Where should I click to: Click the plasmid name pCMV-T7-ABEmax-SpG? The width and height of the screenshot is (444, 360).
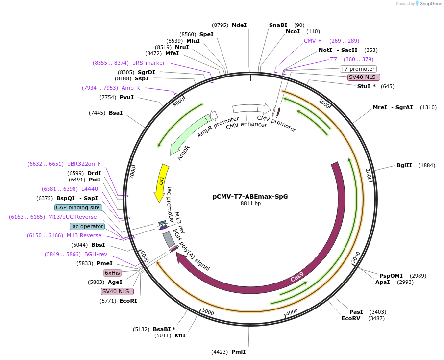(x=250, y=196)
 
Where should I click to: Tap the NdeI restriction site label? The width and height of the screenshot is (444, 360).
(x=239, y=25)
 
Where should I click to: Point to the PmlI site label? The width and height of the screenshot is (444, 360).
(x=238, y=352)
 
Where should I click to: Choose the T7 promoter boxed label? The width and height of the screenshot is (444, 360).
(x=358, y=69)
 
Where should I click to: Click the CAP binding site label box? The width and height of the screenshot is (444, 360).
(x=78, y=207)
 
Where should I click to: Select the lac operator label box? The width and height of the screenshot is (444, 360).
(x=87, y=226)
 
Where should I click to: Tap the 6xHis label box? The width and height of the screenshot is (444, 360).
(x=112, y=273)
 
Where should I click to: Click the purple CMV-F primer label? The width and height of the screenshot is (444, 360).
(x=313, y=41)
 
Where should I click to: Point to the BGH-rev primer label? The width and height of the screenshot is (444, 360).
(x=96, y=254)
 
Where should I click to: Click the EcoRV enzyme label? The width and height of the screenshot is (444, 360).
(x=351, y=318)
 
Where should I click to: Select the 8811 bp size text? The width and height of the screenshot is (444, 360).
(x=250, y=203)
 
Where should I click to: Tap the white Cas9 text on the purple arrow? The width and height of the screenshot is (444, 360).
(x=297, y=277)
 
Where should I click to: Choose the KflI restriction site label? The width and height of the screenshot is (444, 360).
(x=180, y=335)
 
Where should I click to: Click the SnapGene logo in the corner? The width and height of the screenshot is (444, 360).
(x=427, y=4)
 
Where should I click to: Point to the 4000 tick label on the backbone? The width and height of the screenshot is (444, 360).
(x=292, y=312)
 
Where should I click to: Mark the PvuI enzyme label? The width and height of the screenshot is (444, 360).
(x=126, y=97)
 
